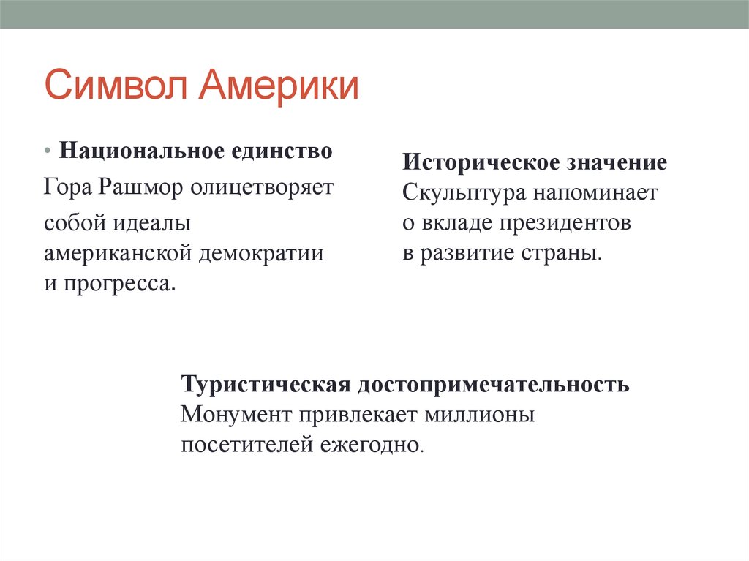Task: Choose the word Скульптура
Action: tap(462, 193)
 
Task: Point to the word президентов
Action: tap(564, 224)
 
